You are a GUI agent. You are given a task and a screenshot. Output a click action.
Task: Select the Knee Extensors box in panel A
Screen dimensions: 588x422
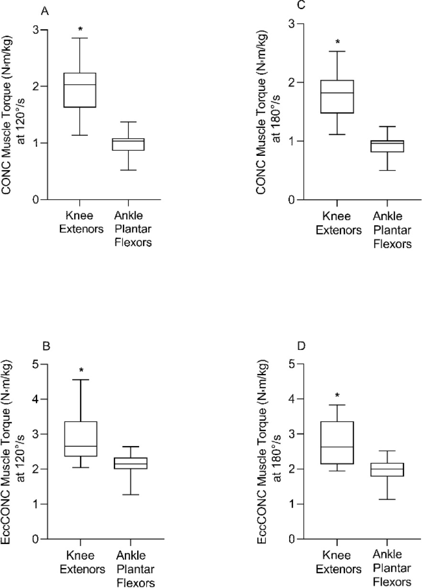pyautogui.click(x=80, y=90)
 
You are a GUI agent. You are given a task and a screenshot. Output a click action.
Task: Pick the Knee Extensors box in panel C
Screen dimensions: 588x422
pyautogui.click(x=337, y=97)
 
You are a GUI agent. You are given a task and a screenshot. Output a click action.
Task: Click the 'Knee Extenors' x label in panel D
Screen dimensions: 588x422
pyautogui.click(x=337, y=563)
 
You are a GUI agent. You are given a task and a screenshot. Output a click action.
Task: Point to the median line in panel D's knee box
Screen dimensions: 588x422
pyautogui.click(x=337, y=447)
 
